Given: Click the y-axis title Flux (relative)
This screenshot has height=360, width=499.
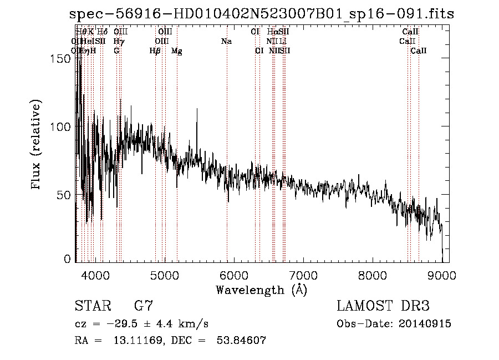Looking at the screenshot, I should [37, 146].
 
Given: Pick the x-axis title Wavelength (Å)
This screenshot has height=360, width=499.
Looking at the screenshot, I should [261, 290].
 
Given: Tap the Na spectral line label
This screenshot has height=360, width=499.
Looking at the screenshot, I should [226, 41].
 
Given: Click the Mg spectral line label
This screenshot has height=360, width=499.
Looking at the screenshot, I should [176, 51].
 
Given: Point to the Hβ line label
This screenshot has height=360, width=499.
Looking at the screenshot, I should [155, 51].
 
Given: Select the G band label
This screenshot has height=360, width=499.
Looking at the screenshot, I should [116, 51].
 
